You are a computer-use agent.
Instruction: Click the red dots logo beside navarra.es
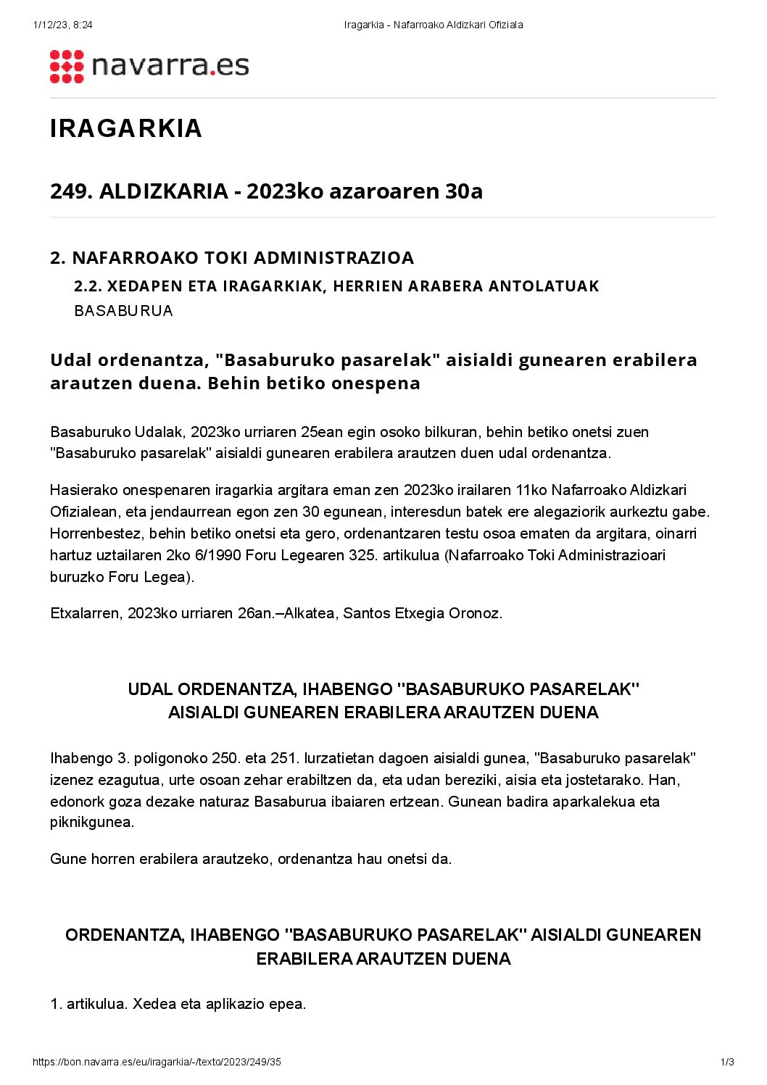67,67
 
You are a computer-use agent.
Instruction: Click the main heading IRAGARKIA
125,128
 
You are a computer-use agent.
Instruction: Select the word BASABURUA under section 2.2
123,311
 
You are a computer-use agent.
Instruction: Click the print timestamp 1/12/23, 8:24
62,25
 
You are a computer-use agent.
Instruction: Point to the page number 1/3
727,1063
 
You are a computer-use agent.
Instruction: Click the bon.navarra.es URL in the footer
157,1063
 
